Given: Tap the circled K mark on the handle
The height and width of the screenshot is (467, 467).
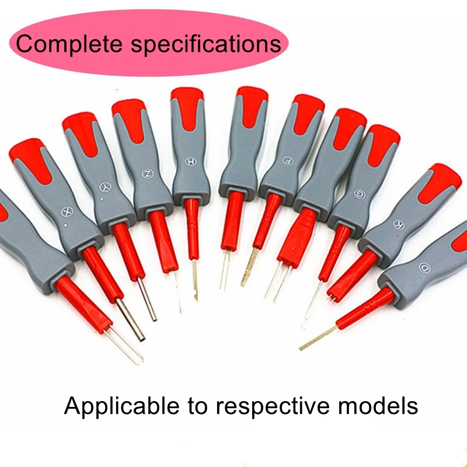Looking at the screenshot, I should click(x=398, y=224).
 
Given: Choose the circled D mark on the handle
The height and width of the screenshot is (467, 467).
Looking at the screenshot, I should click(x=424, y=268).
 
